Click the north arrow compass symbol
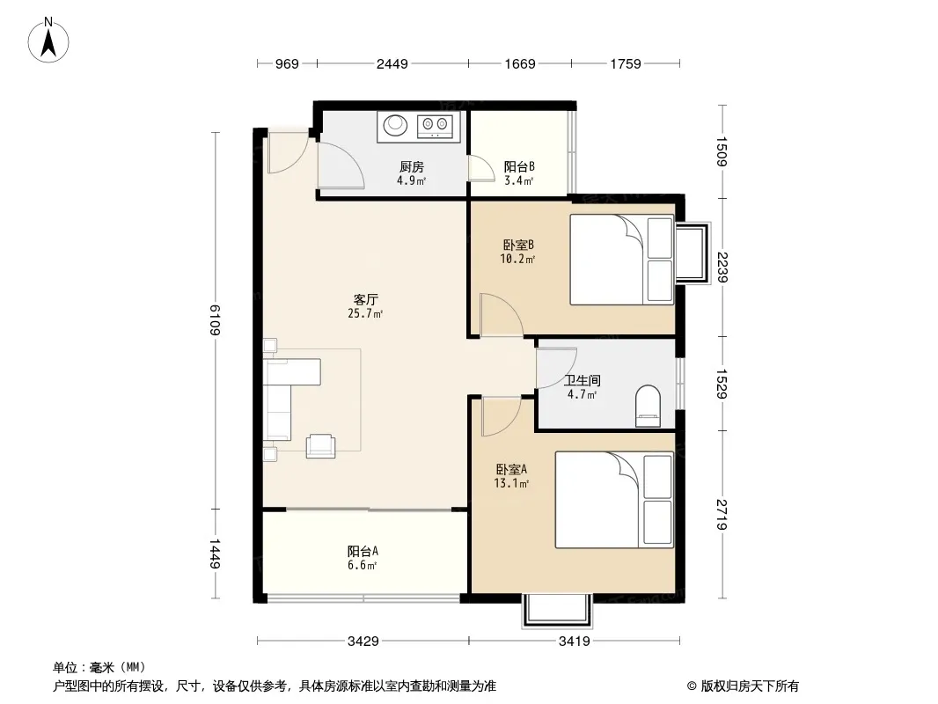coord(48,40)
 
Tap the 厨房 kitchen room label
coord(412,167)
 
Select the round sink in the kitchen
coord(395,124)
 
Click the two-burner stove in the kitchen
coord(435,125)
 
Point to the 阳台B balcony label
coord(518,167)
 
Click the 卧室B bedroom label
coord(518,245)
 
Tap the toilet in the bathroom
coord(648,407)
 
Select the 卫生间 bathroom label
coord(582,380)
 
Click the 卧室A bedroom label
coord(511,470)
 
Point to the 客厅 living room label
coord(365,299)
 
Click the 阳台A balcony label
coord(363,551)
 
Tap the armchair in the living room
coord(320,445)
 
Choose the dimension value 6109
coord(215,320)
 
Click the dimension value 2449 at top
coord(392,63)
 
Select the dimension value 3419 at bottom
coord(575,642)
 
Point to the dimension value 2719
coord(722,515)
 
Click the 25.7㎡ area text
coord(365,313)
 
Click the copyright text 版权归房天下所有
coord(749,686)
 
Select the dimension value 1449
coord(215,554)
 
